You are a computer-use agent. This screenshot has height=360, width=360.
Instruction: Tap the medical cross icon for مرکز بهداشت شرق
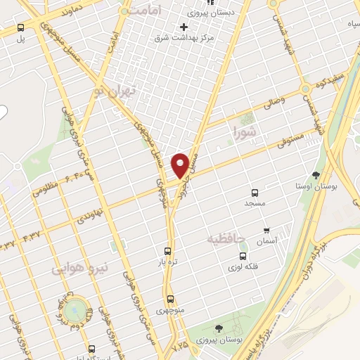(184, 27)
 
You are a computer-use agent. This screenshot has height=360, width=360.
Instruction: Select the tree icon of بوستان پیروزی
(219, 328)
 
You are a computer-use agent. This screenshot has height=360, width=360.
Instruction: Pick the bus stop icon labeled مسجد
(255, 192)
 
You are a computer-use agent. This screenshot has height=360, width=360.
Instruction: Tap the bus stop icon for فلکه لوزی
(243, 257)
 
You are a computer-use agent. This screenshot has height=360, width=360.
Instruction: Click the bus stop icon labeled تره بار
(167, 251)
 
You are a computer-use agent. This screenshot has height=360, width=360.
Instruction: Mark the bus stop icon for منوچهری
(170, 299)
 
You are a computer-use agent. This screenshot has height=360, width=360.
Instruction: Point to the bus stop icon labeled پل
(20, 28)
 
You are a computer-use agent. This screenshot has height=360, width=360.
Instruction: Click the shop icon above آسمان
(266, 230)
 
